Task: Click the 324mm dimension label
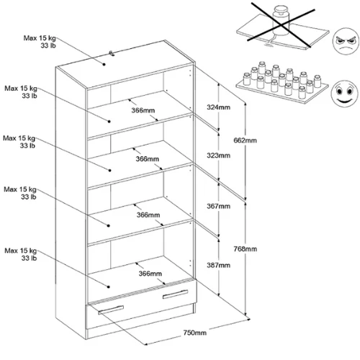pos(218,107)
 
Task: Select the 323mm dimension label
pos(218,156)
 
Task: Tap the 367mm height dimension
pos(218,206)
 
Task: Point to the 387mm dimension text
pos(218,265)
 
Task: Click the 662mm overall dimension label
pos(245,140)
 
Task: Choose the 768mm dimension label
pos(246,249)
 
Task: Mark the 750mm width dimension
pos(194,333)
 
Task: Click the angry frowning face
pos(346,41)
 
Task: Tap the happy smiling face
pos(344,94)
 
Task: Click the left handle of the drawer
pos(111,310)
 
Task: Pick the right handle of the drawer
pos(175,294)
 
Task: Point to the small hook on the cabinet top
pos(112,53)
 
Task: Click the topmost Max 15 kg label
pos(40,38)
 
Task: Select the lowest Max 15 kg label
pos(21,251)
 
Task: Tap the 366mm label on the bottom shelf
pos(150,274)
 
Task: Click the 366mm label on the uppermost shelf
pos(143,110)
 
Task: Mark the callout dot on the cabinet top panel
pos(104,64)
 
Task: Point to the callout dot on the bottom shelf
pos(109,287)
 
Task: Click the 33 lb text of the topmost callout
pos(48,45)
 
